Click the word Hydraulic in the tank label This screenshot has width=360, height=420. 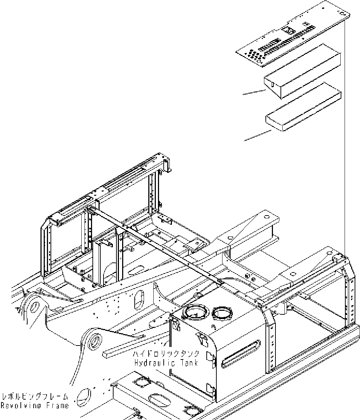[x=150, y=363]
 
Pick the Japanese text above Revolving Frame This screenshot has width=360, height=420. [x=35, y=397]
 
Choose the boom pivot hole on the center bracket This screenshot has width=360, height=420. [x=96, y=340]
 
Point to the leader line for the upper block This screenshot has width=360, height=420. [x=254, y=93]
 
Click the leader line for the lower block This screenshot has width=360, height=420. [x=257, y=135]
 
